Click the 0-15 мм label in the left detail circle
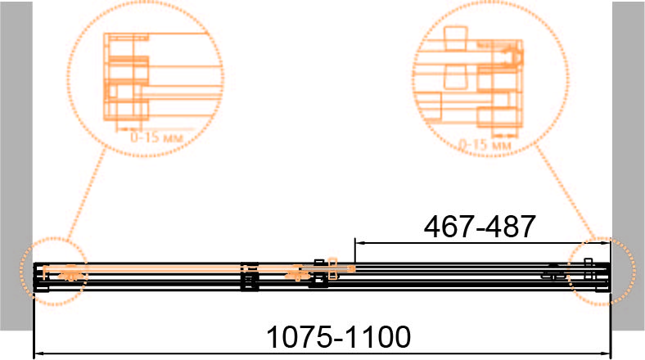tap(156, 137)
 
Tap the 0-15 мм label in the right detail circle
tap(485, 145)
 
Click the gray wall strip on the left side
tap(16, 165)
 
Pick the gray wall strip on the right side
tap(629, 165)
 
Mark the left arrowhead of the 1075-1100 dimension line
tap(38, 353)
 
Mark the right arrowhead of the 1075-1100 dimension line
tap(606, 353)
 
